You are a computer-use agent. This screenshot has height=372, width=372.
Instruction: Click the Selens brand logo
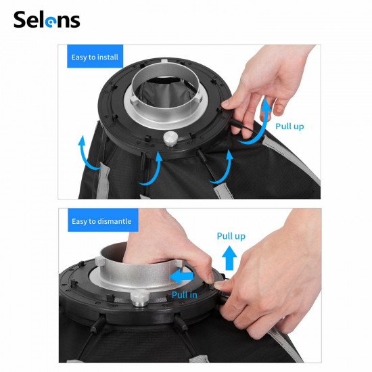(x=47, y=20)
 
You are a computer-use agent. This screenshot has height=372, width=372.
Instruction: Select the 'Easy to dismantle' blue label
(x=102, y=220)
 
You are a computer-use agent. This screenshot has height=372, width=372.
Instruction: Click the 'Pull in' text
(x=185, y=294)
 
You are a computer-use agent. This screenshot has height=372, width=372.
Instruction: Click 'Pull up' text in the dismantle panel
(x=231, y=236)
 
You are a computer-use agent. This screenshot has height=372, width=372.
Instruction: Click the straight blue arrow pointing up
(x=230, y=257)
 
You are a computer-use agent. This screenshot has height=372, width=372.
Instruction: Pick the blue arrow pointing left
(x=181, y=277)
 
